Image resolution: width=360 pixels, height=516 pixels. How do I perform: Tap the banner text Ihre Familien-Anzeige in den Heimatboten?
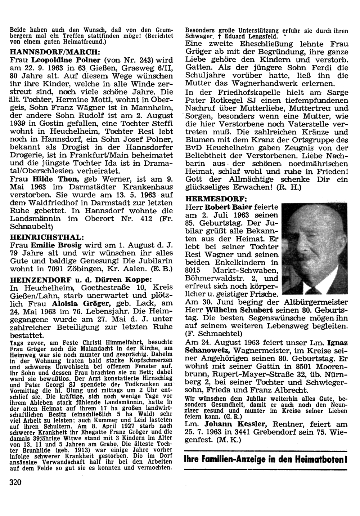[265, 460]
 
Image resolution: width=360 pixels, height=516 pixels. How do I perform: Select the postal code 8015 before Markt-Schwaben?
[195, 271]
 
